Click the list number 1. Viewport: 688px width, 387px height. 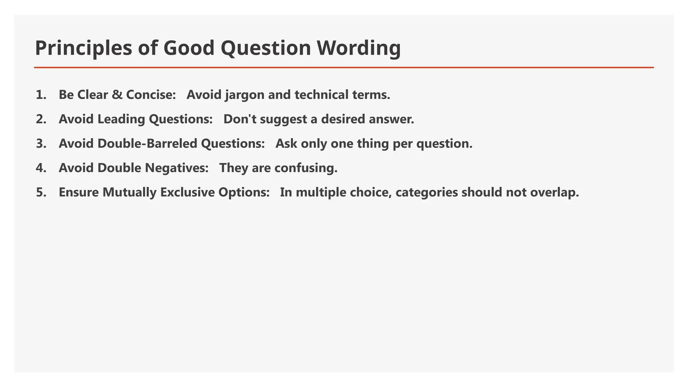(41, 95)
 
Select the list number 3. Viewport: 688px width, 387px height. (41, 144)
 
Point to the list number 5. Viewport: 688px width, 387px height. (41, 192)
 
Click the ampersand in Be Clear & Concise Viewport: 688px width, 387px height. (117, 95)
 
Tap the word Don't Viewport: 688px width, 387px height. (240, 119)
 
